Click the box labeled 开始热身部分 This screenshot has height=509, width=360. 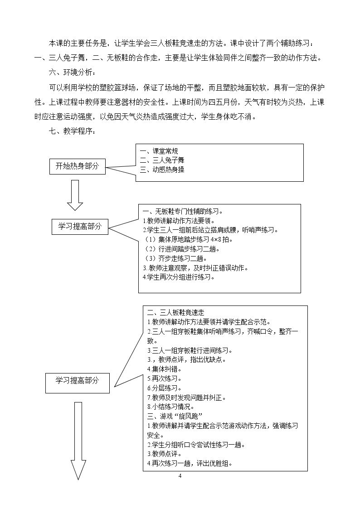click(77, 166)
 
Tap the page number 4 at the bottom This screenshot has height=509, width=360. click(180, 476)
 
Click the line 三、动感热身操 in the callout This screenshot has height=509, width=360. click(162, 170)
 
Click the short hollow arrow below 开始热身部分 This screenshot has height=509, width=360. click(75, 195)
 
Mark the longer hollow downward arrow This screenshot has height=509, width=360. click(78, 441)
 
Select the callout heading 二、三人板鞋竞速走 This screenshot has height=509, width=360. click(175, 313)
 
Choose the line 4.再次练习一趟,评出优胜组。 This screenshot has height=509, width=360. click(190, 463)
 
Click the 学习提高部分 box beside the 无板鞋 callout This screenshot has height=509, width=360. click(80, 226)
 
